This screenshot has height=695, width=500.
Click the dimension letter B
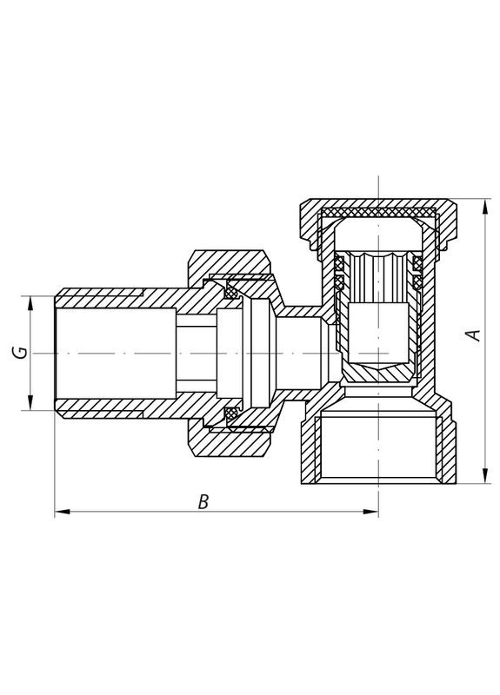click(x=203, y=501)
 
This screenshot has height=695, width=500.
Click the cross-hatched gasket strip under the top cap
click(x=379, y=213)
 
